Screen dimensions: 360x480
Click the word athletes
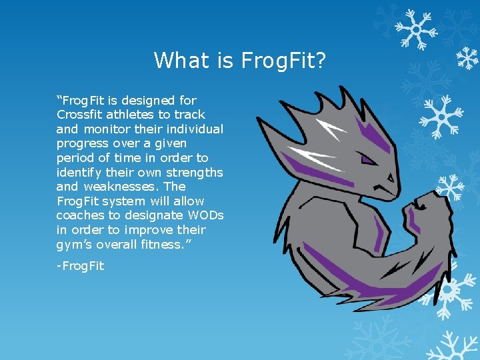coord(131,115)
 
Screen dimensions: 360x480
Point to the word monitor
coord(107,129)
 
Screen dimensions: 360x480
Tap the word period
coord(75,158)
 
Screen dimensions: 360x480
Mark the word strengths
coord(195,172)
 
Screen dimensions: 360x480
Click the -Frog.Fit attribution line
coord(80,266)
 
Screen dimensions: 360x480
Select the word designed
coord(153,101)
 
